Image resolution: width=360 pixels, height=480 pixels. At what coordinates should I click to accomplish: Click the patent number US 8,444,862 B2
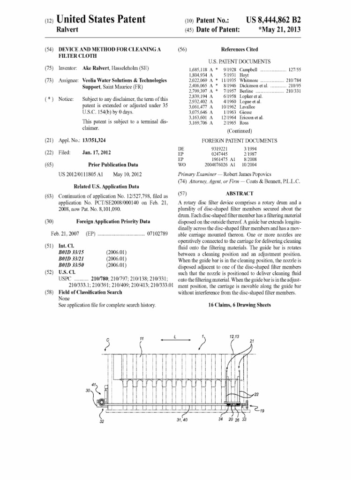[273, 20]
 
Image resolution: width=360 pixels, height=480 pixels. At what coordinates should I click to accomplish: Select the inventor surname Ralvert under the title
[67, 30]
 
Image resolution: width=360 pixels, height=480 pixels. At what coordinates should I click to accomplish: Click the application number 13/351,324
[94, 140]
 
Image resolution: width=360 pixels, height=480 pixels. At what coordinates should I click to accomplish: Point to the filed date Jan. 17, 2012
[97, 152]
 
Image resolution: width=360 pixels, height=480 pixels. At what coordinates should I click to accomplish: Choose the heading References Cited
[240, 49]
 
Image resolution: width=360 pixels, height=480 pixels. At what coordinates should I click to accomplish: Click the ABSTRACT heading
[240, 194]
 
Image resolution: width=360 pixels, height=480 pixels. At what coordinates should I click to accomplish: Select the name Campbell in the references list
[248, 70]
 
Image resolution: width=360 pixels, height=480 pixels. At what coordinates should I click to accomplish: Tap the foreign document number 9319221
[219, 149]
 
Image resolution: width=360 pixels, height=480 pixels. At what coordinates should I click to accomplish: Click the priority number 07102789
[157, 233]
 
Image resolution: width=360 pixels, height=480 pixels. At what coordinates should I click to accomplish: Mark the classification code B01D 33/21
[71, 259]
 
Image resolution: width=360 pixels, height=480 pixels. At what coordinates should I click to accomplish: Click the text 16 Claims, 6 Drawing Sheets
[240, 305]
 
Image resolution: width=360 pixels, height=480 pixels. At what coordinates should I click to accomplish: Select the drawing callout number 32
[102, 421]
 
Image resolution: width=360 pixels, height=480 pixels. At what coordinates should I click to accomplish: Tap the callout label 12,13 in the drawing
[234, 337]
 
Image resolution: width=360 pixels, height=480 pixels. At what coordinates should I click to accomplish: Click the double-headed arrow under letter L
[176, 340]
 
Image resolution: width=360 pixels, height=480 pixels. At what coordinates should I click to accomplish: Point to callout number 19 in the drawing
[262, 411]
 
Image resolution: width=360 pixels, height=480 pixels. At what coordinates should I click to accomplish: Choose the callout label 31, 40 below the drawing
[182, 420]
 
